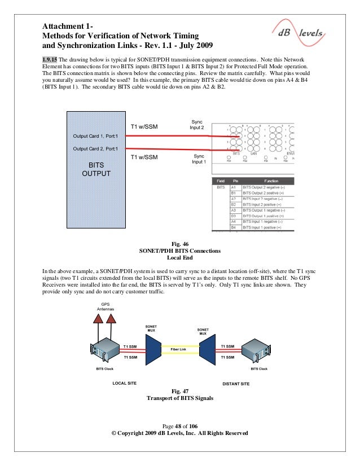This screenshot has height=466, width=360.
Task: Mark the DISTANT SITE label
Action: click(236, 384)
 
